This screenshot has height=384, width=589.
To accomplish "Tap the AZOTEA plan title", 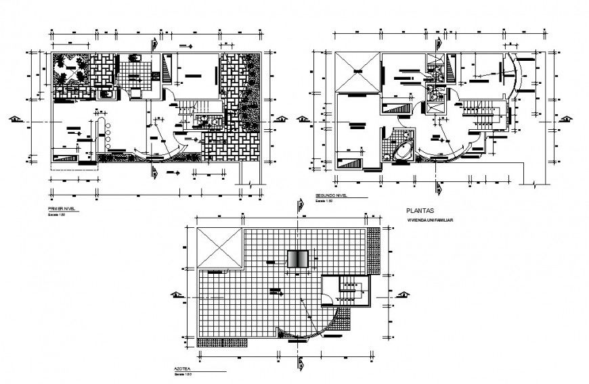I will pos(182,370).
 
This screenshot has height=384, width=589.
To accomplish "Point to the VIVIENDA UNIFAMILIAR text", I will pos(429,221).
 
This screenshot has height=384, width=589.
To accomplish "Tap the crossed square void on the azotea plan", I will pos(219,249).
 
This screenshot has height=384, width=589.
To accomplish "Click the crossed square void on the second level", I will pos(357,72).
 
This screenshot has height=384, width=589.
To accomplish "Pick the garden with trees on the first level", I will pos(70,70).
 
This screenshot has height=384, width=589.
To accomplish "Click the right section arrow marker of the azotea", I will pos(404,294).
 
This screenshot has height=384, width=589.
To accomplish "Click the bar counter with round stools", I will pos(107,135).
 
